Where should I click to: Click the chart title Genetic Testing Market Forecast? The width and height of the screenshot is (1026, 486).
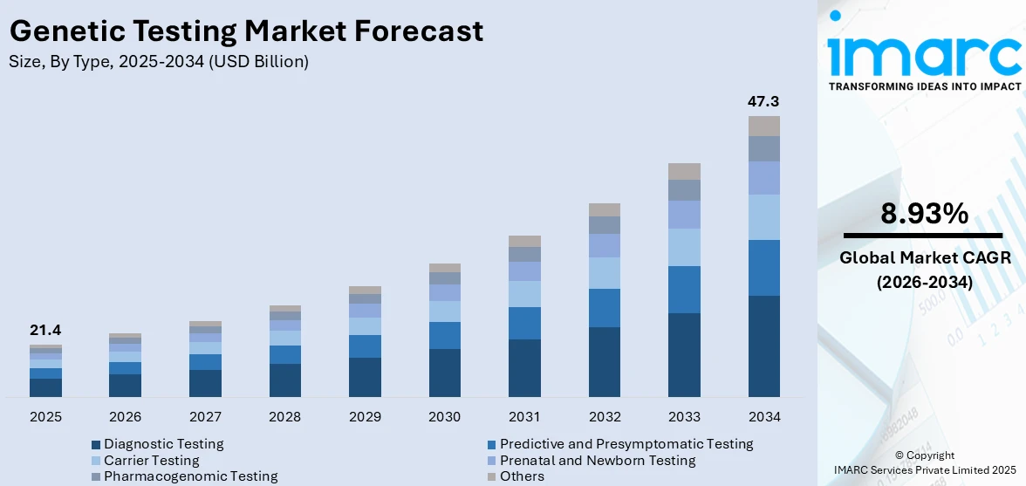pyautogui.click(x=246, y=31)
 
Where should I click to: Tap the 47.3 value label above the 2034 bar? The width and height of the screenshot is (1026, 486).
pyautogui.click(x=763, y=101)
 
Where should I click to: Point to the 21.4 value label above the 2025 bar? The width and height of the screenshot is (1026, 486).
pyautogui.click(x=45, y=330)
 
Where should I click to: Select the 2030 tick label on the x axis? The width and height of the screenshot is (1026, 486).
pyautogui.click(x=444, y=417)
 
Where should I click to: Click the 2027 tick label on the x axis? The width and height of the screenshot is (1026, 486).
pyautogui.click(x=205, y=417)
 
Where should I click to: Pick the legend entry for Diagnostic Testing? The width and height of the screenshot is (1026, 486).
pyautogui.click(x=163, y=444)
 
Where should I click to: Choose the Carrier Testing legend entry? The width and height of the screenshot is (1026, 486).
pyautogui.click(x=151, y=460)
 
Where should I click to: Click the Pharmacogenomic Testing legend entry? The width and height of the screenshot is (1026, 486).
pyautogui.click(x=190, y=476)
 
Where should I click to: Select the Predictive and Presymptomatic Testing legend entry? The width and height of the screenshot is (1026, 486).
pyautogui.click(x=626, y=444)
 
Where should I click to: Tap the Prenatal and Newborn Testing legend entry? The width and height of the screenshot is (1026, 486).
pyautogui.click(x=597, y=460)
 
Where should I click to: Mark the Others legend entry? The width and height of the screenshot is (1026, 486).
pyautogui.click(x=521, y=476)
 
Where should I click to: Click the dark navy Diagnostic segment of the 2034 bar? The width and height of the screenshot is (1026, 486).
pyautogui.click(x=763, y=346)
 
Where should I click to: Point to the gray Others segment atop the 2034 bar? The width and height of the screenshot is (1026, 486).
pyautogui.click(x=763, y=126)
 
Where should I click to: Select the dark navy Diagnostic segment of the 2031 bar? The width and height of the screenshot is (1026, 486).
pyautogui.click(x=524, y=368)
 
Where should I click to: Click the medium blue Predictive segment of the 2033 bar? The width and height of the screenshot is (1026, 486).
pyautogui.click(x=684, y=290)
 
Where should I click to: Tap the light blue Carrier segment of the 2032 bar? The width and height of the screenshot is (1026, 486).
pyautogui.click(x=604, y=273)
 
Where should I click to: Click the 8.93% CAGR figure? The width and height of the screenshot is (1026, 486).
pyautogui.click(x=924, y=214)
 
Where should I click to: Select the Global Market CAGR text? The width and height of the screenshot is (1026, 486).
pyautogui.click(x=924, y=257)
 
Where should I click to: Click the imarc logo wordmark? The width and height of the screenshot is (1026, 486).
pyautogui.click(x=924, y=54)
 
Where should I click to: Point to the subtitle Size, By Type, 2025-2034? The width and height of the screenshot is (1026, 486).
pyautogui.click(x=158, y=62)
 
